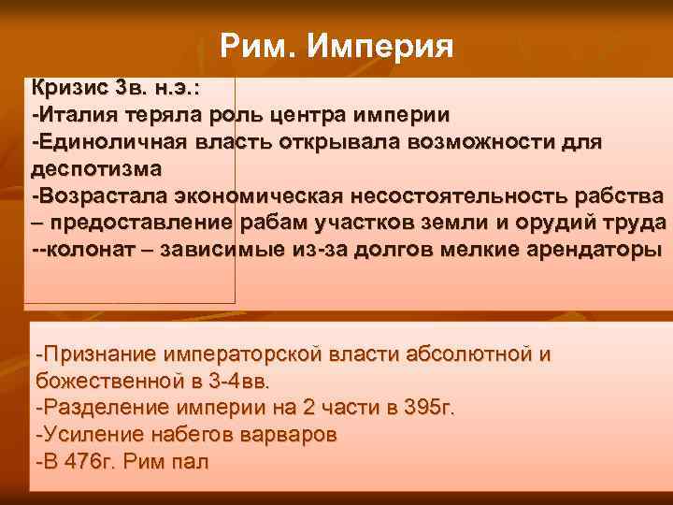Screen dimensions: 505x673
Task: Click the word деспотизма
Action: [x=96, y=169]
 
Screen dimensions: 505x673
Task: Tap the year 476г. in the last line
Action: [x=84, y=462]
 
